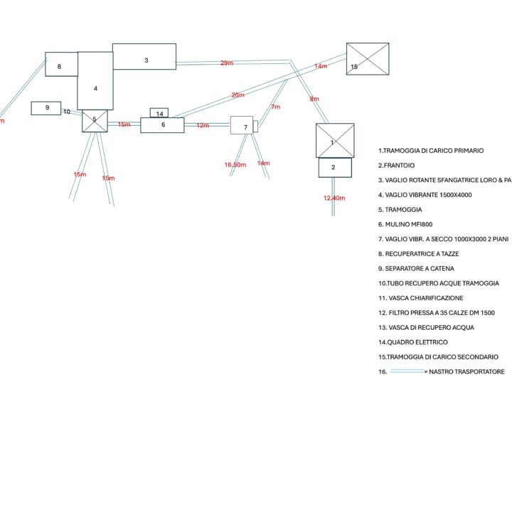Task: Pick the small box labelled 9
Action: tap(46, 108)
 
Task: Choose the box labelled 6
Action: tap(162, 125)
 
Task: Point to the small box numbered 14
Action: tap(159, 113)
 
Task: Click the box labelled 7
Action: tap(242, 126)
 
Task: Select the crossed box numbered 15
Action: tap(368, 59)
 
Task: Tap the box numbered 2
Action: tap(335, 168)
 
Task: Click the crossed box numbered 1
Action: tap(335, 140)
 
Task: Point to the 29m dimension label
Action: tap(227, 64)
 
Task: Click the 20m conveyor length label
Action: tap(238, 95)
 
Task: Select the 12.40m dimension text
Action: tap(334, 198)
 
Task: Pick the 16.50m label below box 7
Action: tap(235, 165)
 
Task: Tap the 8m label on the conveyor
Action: tap(314, 100)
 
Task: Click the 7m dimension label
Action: tap(276, 107)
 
